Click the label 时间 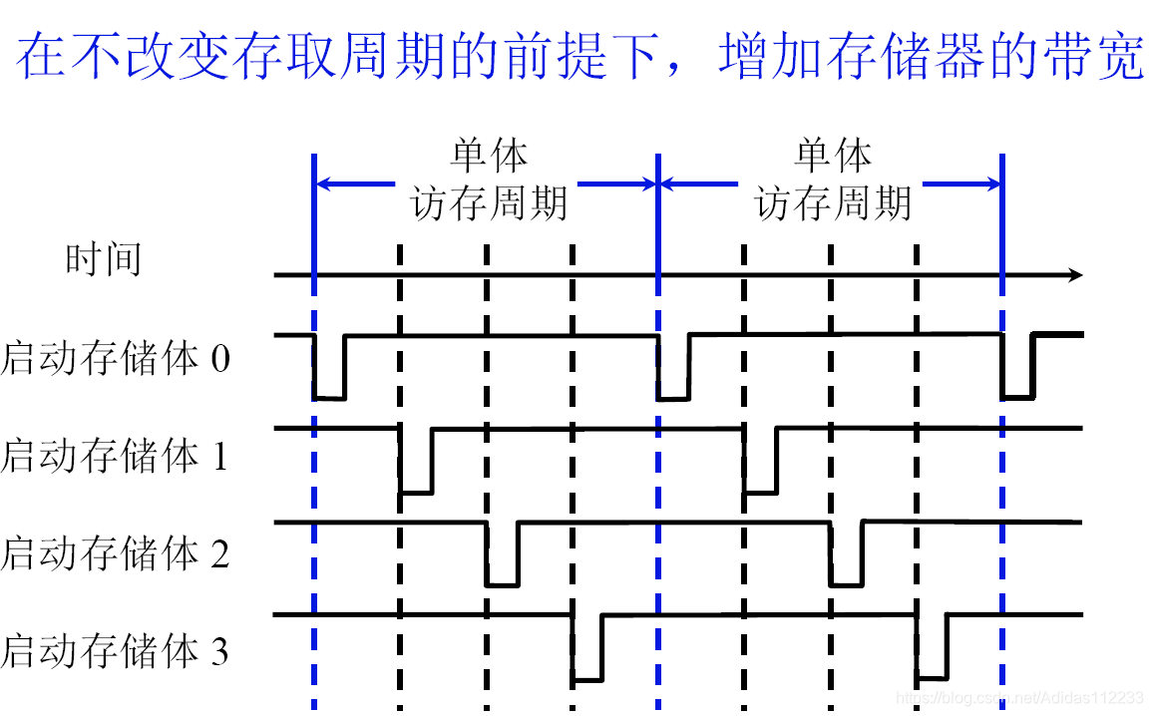point(103,259)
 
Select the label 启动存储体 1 point(116,456)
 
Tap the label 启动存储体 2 point(116,552)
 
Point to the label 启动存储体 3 point(116,651)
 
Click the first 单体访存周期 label point(489,180)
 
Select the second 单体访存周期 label point(833,180)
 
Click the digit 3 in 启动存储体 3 point(218,652)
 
